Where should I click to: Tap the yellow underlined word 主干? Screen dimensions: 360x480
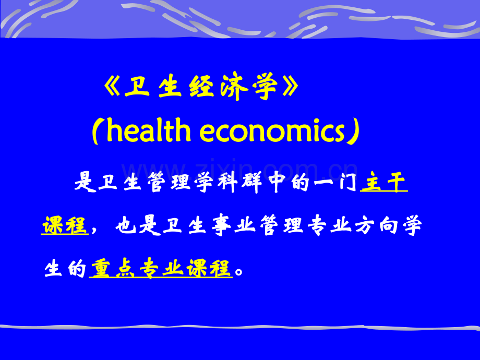point(384,184)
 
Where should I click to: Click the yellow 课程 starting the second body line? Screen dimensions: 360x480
point(64,226)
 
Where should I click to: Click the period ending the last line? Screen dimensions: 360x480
point(239,272)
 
